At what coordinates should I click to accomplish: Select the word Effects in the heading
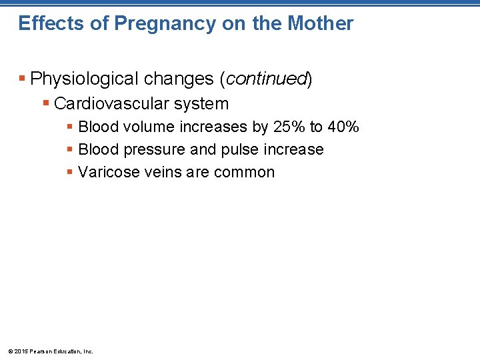(51, 23)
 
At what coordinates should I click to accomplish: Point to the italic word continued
(266, 79)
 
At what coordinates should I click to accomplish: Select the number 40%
(343, 127)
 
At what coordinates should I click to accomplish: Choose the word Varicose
(107, 172)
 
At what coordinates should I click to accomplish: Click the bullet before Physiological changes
(23, 79)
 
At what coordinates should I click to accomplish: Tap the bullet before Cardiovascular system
(45, 104)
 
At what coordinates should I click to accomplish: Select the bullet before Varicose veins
(69, 172)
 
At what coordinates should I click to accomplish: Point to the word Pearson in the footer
(39, 351)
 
